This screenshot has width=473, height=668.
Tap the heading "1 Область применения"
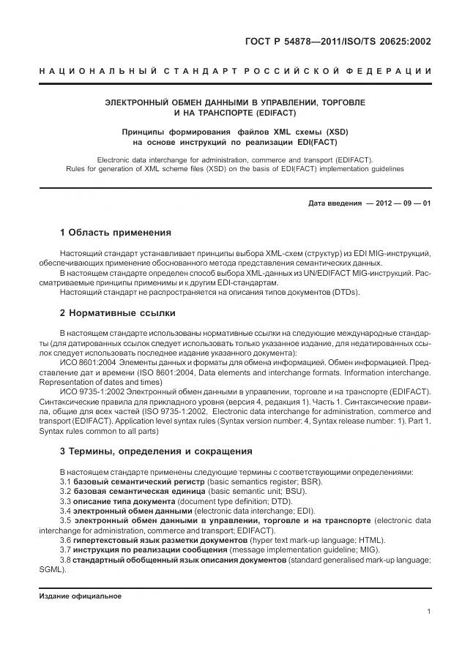(x=115, y=233)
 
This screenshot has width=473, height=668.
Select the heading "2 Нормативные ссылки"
(x=117, y=313)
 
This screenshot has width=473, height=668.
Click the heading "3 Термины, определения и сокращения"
(x=155, y=451)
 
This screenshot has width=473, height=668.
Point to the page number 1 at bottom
(x=428, y=611)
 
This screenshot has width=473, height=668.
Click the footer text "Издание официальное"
(x=80, y=596)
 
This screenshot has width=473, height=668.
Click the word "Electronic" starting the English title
(x=115, y=159)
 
